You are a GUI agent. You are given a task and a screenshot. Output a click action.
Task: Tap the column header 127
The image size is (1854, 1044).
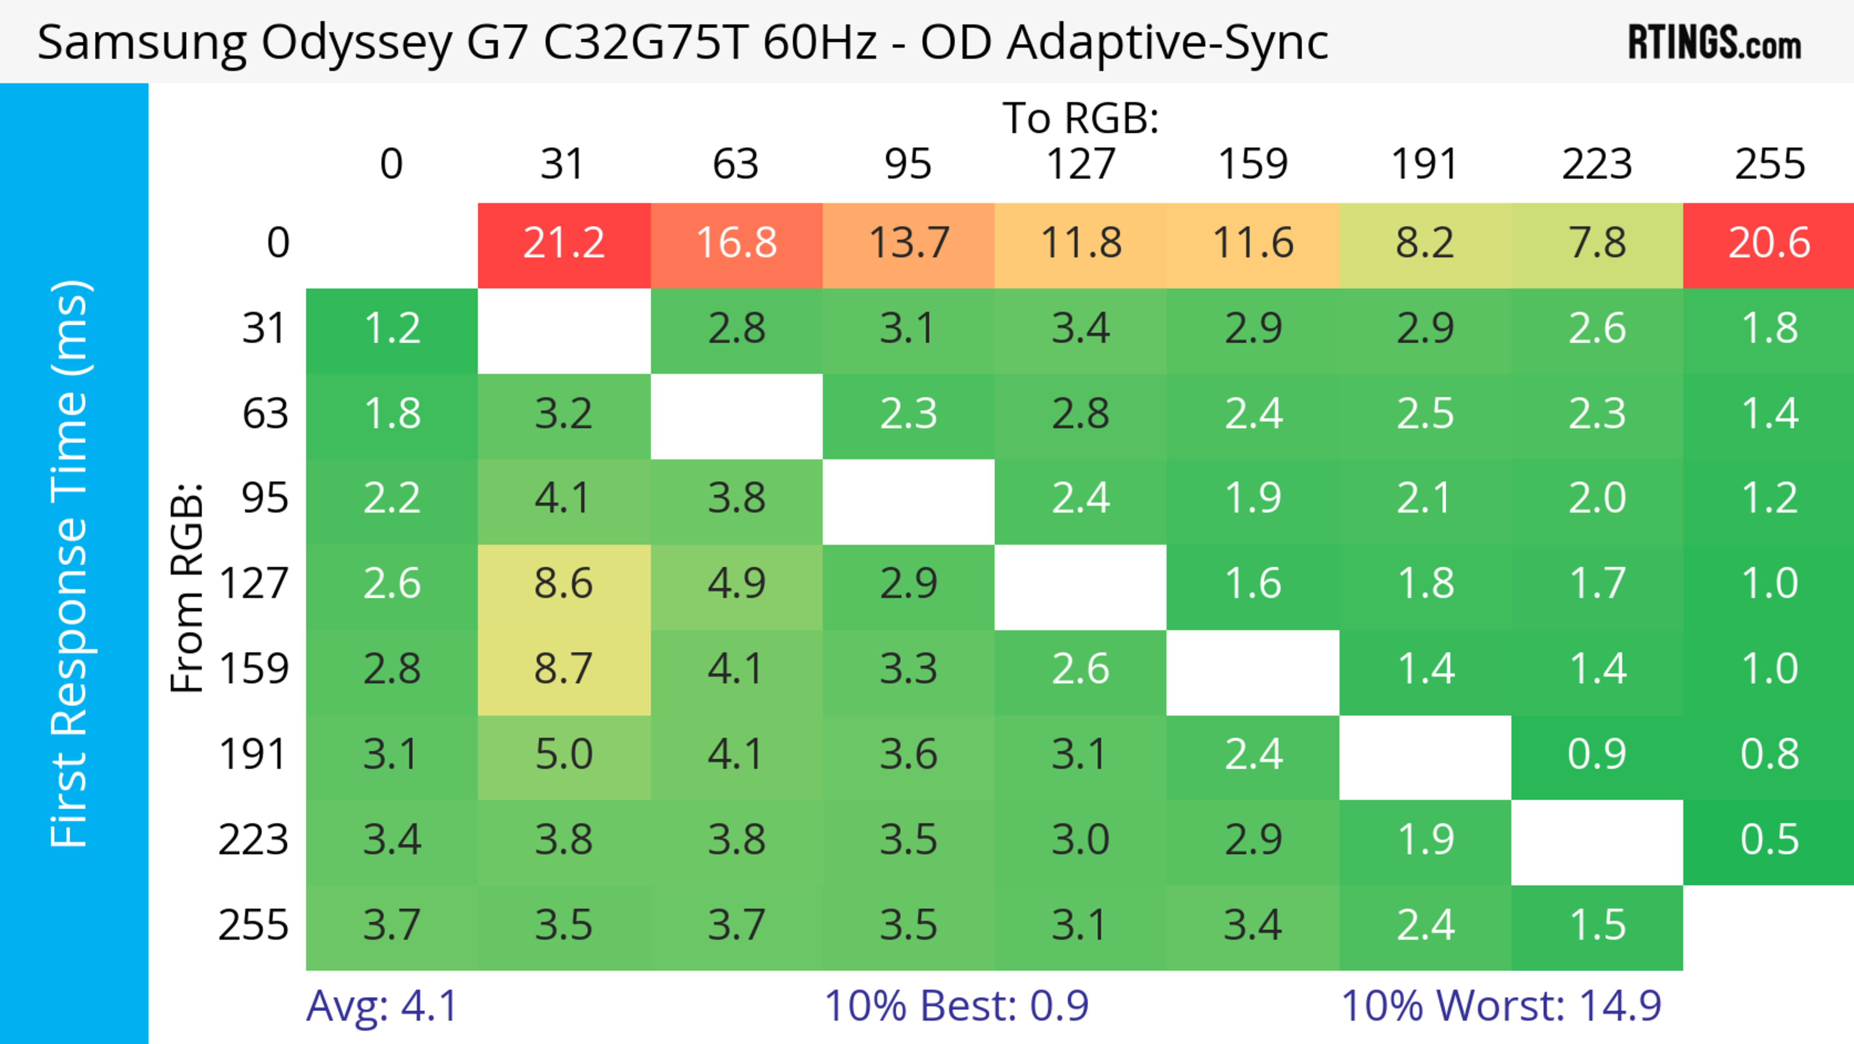[x=1081, y=164]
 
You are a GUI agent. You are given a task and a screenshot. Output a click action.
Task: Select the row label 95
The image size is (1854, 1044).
[x=265, y=498]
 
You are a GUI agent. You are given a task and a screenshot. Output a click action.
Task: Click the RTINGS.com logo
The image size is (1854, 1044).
[x=1715, y=43]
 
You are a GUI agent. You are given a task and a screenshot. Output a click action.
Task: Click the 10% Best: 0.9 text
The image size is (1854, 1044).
[x=956, y=1006]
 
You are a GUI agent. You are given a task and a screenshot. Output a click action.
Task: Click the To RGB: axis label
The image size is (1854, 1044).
[x=1081, y=118]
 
